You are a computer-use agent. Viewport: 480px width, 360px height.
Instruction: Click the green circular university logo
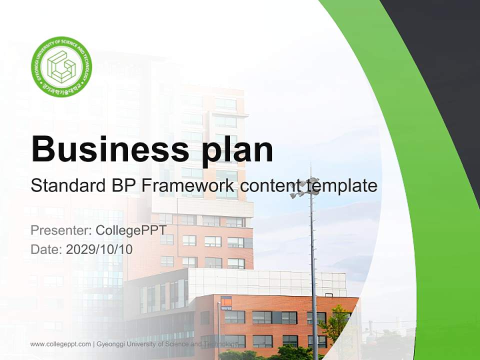point(61,66)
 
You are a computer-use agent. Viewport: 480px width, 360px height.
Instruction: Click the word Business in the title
point(106,149)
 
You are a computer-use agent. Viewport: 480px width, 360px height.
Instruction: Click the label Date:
point(46,249)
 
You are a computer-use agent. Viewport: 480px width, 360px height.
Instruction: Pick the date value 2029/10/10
point(99,249)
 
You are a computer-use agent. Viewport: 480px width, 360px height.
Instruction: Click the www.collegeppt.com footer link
point(60,344)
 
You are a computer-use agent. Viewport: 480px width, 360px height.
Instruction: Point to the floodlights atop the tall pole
point(306,188)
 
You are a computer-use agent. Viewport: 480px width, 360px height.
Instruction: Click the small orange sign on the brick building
point(226,301)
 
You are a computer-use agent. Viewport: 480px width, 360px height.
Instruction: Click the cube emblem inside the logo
point(61,66)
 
